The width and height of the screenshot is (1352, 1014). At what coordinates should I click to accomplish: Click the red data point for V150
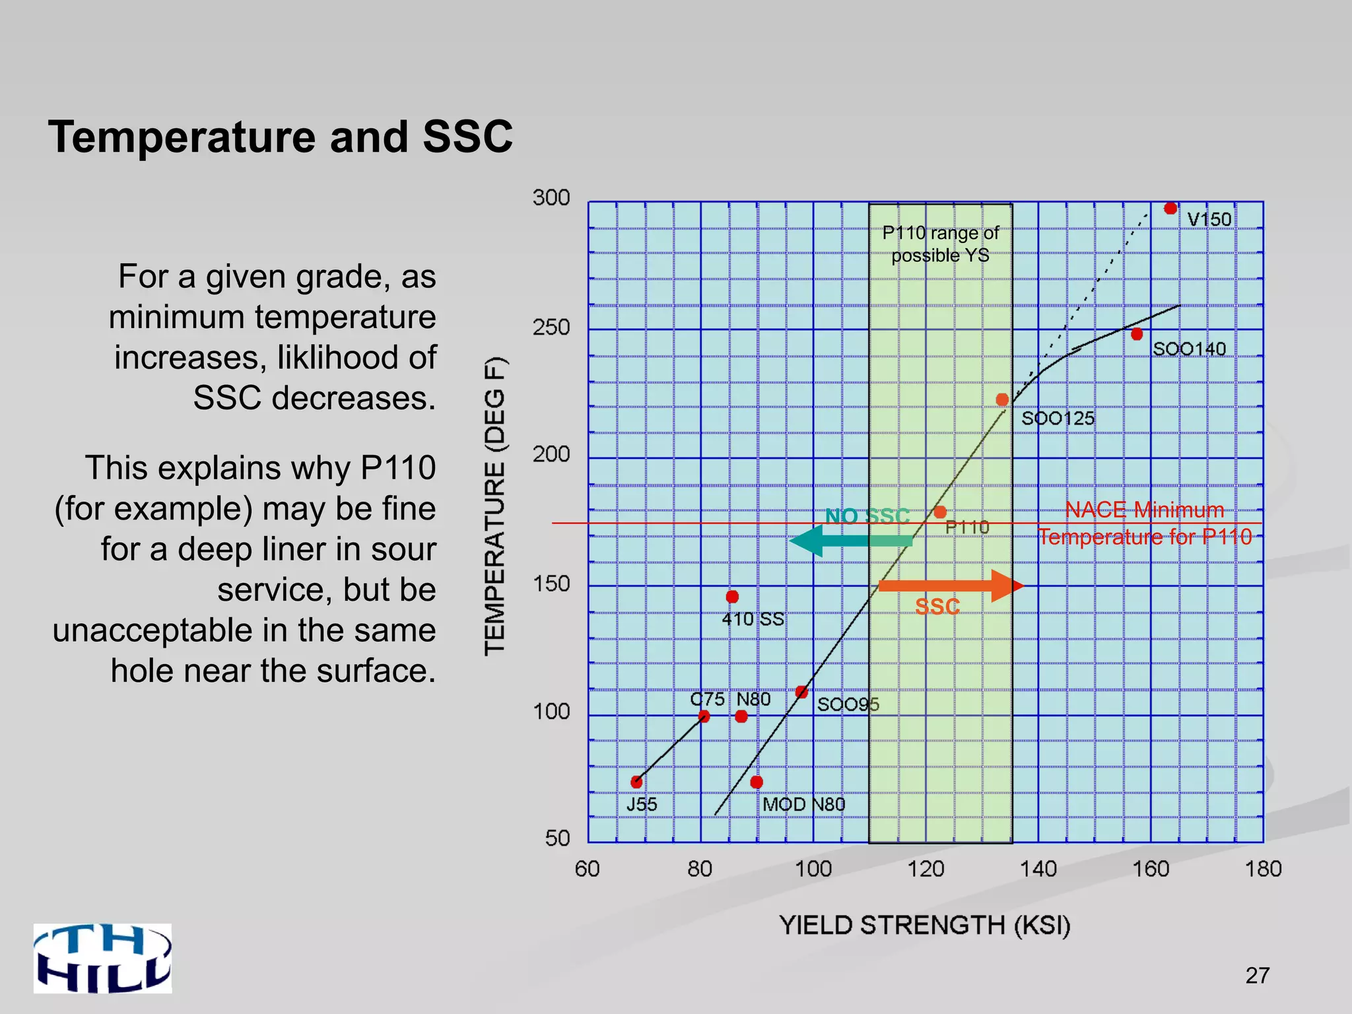pyautogui.click(x=1170, y=209)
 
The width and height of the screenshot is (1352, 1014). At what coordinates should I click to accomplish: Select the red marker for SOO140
pyautogui.click(x=1137, y=334)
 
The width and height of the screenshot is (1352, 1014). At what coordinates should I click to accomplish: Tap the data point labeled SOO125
pyautogui.click(x=1002, y=399)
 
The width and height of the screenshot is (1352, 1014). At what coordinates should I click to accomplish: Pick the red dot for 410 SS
pyautogui.click(x=732, y=597)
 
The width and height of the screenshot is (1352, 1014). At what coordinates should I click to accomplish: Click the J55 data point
pyautogui.click(x=636, y=782)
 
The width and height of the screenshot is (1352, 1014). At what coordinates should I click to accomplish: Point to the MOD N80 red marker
pyautogui.click(x=757, y=782)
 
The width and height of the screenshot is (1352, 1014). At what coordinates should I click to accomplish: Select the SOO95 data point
pyautogui.click(x=801, y=692)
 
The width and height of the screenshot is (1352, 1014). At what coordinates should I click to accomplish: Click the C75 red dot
pyautogui.click(x=704, y=716)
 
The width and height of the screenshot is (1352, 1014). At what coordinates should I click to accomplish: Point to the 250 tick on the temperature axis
pyautogui.click(x=551, y=327)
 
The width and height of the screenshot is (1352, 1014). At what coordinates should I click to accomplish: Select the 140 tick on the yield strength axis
pyautogui.click(x=1038, y=869)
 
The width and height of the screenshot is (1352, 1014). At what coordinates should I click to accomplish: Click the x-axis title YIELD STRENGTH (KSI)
pyautogui.click(x=924, y=926)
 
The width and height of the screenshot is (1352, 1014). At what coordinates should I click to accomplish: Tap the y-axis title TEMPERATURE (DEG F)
pyautogui.click(x=495, y=506)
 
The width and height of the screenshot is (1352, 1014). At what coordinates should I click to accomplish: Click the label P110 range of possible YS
pyautogui.click(x=940, y=244)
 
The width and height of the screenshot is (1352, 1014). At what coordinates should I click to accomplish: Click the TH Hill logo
pyautogui.click(x=103, y=958)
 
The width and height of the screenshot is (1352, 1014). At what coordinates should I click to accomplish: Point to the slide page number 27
pyautogui.click(x=1257, y=975)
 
